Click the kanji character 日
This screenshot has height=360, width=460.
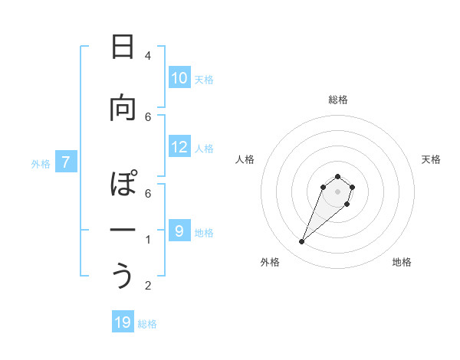(x=123, y=47)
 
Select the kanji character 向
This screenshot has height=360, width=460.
(x=123, y=108)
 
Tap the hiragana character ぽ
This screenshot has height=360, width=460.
(x=123, y=185)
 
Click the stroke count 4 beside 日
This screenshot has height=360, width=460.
(x=147, y=55)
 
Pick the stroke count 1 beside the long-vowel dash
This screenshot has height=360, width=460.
(x=147, y=240)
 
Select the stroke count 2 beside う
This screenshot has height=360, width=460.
(x=147, y=286)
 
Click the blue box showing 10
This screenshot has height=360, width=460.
(x=179, y=77)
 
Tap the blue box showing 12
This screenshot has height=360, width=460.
(x=179, y=147)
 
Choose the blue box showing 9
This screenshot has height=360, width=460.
(x=179, y=230)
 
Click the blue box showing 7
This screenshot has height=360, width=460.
(x=67, y=162)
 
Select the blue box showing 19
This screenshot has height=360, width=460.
(x=123, y=322)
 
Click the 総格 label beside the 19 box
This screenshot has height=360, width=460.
(x=147, y=324)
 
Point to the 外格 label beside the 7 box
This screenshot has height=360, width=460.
(x=41, y=163)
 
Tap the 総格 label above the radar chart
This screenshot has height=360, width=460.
(x=337, y=100)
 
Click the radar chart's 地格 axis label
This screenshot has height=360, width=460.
(x=402, y=262)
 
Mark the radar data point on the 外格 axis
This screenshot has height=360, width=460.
(x=301, y=242)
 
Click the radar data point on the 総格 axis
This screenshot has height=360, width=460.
(x=337, y=176)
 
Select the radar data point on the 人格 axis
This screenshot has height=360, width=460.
(x=324, y=186)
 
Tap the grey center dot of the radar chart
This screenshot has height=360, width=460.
(x=337, y=191)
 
